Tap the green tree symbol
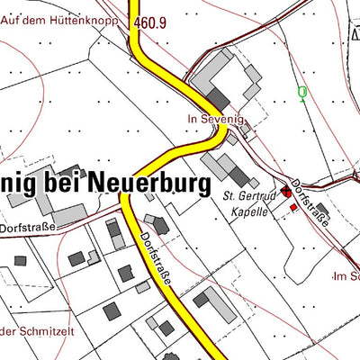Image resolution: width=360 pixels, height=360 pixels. (x=302, y=93)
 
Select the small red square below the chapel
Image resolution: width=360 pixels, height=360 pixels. (x=293, y=208)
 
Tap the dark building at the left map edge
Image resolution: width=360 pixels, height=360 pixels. (x=20, y=260)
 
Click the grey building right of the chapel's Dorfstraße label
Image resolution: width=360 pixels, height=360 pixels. (x=323, y=213)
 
